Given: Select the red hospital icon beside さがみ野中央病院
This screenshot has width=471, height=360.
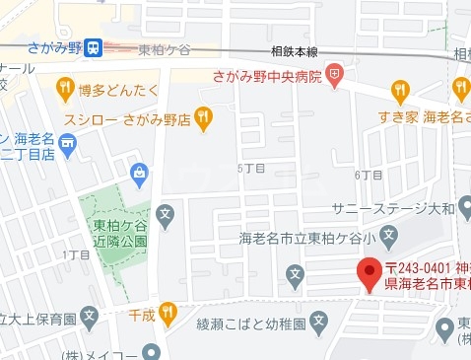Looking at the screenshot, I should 335,72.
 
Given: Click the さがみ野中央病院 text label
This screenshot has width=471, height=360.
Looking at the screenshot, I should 268,75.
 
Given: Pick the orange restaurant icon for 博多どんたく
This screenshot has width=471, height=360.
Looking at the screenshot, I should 66,90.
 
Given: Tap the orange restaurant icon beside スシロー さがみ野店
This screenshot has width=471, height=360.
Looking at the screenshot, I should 203,118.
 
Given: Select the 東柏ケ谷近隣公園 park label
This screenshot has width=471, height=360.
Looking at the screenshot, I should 112,232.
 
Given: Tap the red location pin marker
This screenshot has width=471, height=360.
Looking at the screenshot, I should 369,271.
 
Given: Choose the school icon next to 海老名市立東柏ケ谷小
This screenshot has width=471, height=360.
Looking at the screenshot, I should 389,236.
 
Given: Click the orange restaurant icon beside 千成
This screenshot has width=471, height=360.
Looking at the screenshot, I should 167,315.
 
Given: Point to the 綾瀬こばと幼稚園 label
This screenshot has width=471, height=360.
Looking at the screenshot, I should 246,322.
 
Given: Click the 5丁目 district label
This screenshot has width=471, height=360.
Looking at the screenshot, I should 251,169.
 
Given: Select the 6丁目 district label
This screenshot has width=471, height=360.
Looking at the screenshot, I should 368,174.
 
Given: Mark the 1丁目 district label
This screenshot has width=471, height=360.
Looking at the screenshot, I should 76,255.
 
